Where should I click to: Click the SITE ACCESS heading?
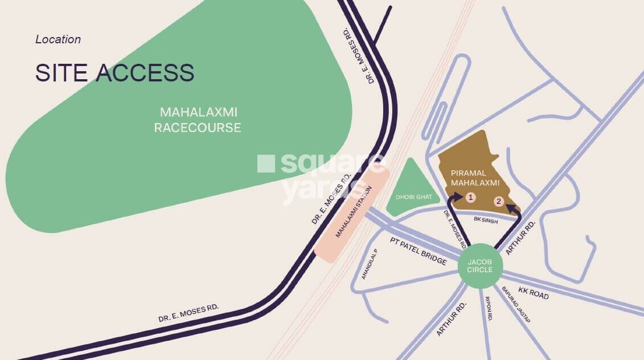pos(114,73)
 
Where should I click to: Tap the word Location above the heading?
pos(58,39)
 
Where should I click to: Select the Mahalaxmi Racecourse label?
pos(198,120)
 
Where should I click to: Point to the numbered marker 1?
pos(470,197)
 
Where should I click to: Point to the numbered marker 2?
pos(498,201)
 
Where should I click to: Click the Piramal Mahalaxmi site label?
pos(474,177)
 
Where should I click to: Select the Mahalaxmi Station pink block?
pos(351,216)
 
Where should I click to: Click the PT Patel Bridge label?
pos(418,250)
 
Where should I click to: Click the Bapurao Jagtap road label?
pos(515,305)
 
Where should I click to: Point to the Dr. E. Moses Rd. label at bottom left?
pos(188,313)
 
